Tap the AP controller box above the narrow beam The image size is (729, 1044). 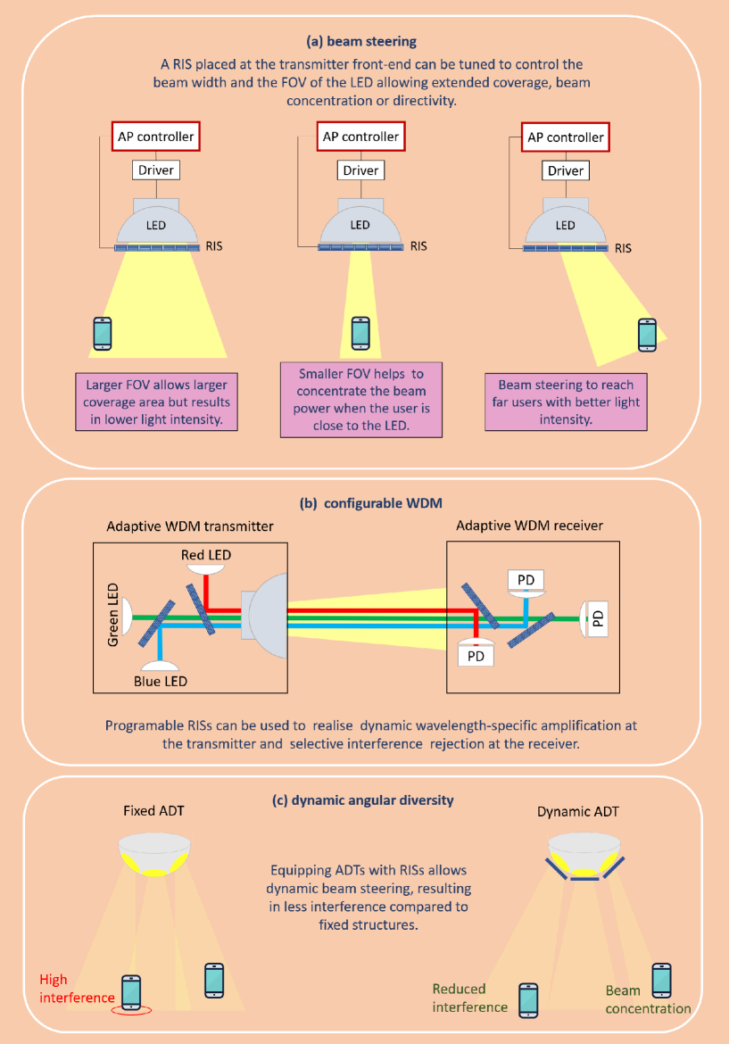360,137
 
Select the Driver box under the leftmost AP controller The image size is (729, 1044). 155,170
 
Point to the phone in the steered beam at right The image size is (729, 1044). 648,335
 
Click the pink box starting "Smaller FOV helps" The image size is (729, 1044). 360,398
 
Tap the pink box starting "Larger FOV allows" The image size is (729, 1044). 157,402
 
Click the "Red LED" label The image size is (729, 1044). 206,555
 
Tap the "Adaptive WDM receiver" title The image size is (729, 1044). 529,526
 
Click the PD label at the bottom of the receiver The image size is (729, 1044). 475,657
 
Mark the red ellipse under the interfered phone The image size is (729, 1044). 131,1010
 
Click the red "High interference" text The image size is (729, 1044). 78,988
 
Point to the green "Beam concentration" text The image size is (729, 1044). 648,999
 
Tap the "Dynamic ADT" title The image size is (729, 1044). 578,812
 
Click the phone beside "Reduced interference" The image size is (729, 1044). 528,999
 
